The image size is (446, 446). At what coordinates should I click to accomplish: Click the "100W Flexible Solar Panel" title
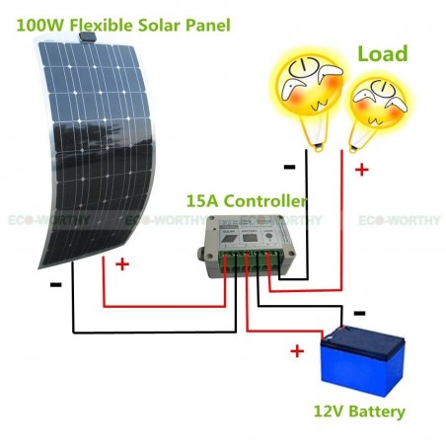[x=123, y=25]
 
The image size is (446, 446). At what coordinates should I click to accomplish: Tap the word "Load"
[x=383, y=53]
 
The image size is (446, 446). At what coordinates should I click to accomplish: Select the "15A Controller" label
[x=247, y=200]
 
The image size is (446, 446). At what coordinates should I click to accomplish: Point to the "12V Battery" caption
[x=359, y=411]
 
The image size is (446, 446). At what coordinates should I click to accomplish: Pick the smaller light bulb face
[x=379, y=105]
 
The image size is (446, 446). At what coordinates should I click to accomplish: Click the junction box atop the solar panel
[x=88, y=37]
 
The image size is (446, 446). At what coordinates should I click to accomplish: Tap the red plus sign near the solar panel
[x=122, y=264]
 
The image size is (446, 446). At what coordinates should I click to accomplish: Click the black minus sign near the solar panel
[x=56, y=284]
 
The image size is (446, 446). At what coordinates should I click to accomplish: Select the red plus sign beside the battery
[x=297, y=351]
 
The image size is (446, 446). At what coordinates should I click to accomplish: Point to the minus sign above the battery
[x=359, y=313]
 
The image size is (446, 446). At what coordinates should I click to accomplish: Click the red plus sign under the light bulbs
[x=362, y=170]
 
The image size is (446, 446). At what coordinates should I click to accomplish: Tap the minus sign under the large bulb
[x=289, y=167]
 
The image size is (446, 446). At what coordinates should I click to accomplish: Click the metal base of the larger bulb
[x=318, y=147]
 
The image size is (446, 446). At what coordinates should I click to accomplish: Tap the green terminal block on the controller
[x=252, y=260]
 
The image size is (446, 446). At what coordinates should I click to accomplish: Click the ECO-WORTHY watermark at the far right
[x=399, y=220]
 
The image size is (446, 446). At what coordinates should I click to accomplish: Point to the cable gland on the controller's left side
[x=201, y=254]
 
